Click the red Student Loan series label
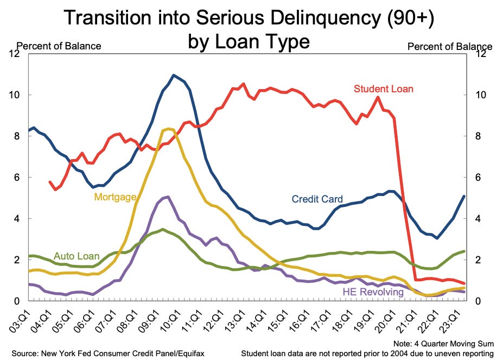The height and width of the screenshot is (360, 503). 384,89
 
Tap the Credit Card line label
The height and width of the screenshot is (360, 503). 317,199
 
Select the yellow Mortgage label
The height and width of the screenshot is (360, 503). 115,197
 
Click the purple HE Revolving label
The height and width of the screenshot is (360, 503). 373,292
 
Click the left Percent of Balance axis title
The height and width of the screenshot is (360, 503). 59,46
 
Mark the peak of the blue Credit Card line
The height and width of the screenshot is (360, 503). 174,75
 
